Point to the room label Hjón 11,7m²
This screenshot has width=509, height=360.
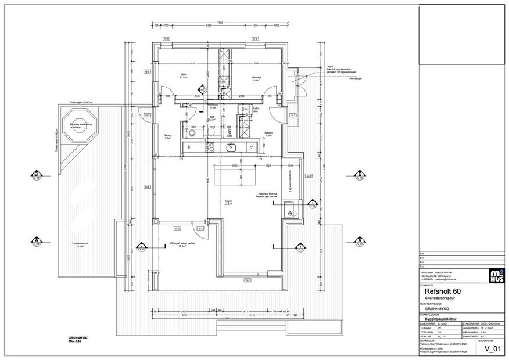(184, 76)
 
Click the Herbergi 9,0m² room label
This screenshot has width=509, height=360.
(255, 80)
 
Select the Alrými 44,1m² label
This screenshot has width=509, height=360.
(228, 203)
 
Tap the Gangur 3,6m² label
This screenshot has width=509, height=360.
(169, 137)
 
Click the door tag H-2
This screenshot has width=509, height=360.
(200, 229)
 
